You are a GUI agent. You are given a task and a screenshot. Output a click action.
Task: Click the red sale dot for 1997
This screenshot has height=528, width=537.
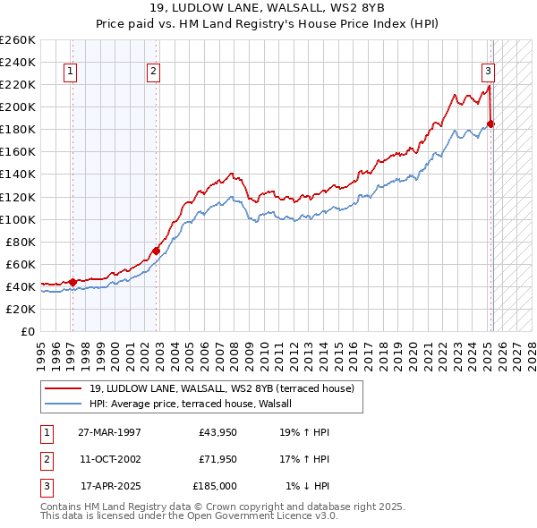pos(72,282)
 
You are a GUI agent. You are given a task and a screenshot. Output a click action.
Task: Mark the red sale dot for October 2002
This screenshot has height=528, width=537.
pos(156,251)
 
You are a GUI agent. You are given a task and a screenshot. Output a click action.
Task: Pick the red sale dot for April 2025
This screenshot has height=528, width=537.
pos(490,123)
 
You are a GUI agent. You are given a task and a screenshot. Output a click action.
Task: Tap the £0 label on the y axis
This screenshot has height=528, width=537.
pos(28,331)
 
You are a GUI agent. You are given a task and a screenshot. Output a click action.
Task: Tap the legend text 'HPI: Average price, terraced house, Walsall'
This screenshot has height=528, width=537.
pos(198,404)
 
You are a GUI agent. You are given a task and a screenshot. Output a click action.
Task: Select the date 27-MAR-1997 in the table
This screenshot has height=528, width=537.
pos(109,432)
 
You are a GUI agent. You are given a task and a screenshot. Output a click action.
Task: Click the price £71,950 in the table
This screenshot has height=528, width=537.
pos(218,459)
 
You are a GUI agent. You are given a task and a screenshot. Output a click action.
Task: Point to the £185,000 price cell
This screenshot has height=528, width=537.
pos(215,486)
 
